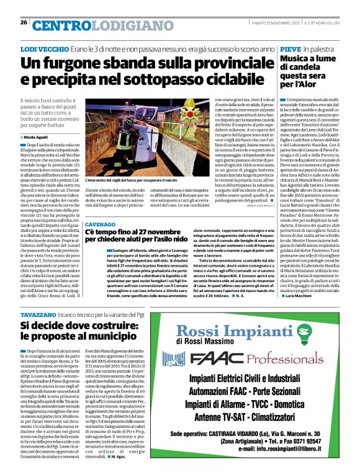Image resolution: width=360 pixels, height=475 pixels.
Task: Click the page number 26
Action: coord(24,23)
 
